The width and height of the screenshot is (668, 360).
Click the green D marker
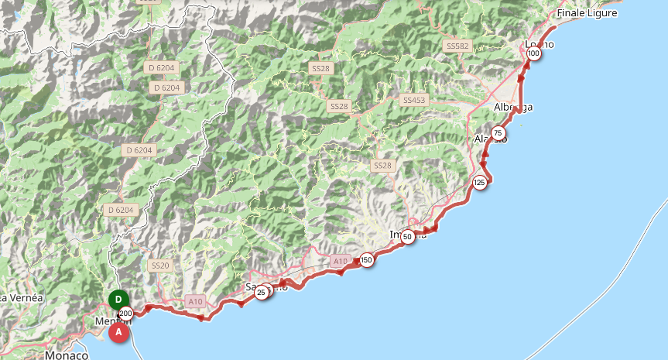118,300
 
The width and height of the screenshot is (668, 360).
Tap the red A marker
118,332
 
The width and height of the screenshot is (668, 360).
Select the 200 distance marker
126,314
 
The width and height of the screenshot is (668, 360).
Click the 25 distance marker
262,292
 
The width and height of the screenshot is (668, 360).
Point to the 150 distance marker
367,260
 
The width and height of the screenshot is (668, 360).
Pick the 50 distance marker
408,237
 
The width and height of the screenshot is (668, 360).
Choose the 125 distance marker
480,183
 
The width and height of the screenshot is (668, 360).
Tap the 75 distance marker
497,133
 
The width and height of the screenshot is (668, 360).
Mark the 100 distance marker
533,54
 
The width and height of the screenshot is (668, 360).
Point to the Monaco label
66,355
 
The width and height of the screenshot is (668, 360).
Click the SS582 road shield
458,46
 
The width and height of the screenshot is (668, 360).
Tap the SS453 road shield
414,101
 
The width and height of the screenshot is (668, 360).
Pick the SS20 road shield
159,266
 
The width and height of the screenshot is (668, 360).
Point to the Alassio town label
488,139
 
